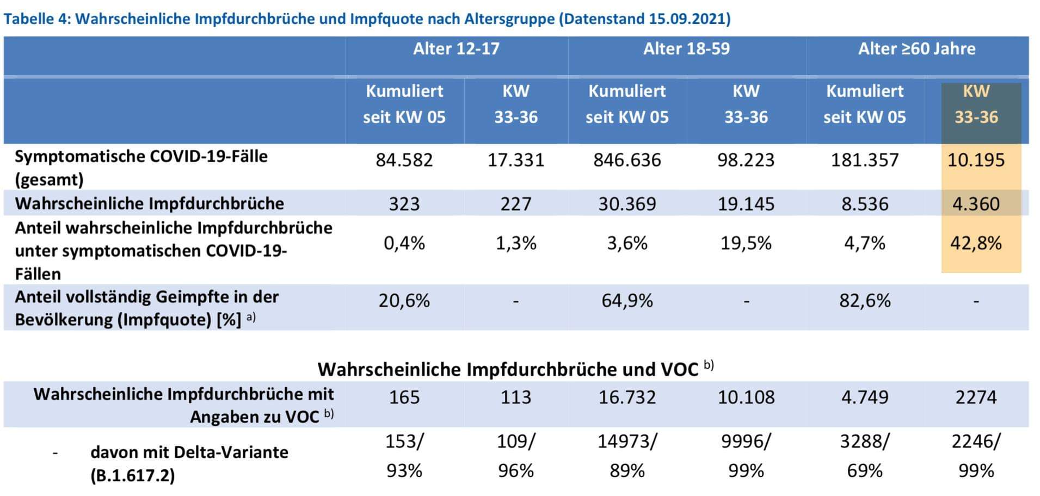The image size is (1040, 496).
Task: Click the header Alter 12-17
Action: (456, 49)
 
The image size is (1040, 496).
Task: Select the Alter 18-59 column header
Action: (686, 49)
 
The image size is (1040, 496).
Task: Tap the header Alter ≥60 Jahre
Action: (916, 49)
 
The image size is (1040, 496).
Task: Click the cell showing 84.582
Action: (404, 160)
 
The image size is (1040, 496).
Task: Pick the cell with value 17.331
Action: (515, 160)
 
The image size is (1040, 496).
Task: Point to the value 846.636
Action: (627, 160)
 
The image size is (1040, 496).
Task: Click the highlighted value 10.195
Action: (976, 160)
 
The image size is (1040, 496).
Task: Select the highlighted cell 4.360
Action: (976, 203)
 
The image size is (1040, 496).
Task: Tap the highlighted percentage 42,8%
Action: (976, 243)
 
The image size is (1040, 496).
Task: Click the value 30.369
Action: (627, 203)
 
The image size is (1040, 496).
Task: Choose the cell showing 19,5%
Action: (746, 243)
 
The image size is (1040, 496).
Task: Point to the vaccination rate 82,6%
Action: (865, 300)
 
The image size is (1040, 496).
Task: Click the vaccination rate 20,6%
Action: (404, 300)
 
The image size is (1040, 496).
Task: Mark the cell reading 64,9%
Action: (627, 300)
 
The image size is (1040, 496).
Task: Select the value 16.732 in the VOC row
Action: (627, 397)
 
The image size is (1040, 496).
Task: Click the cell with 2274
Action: (976, 397)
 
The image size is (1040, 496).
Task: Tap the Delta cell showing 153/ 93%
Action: (404, 455)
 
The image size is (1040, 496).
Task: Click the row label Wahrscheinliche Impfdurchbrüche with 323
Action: (149, 203)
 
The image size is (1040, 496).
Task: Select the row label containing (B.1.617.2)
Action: (133, 476)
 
